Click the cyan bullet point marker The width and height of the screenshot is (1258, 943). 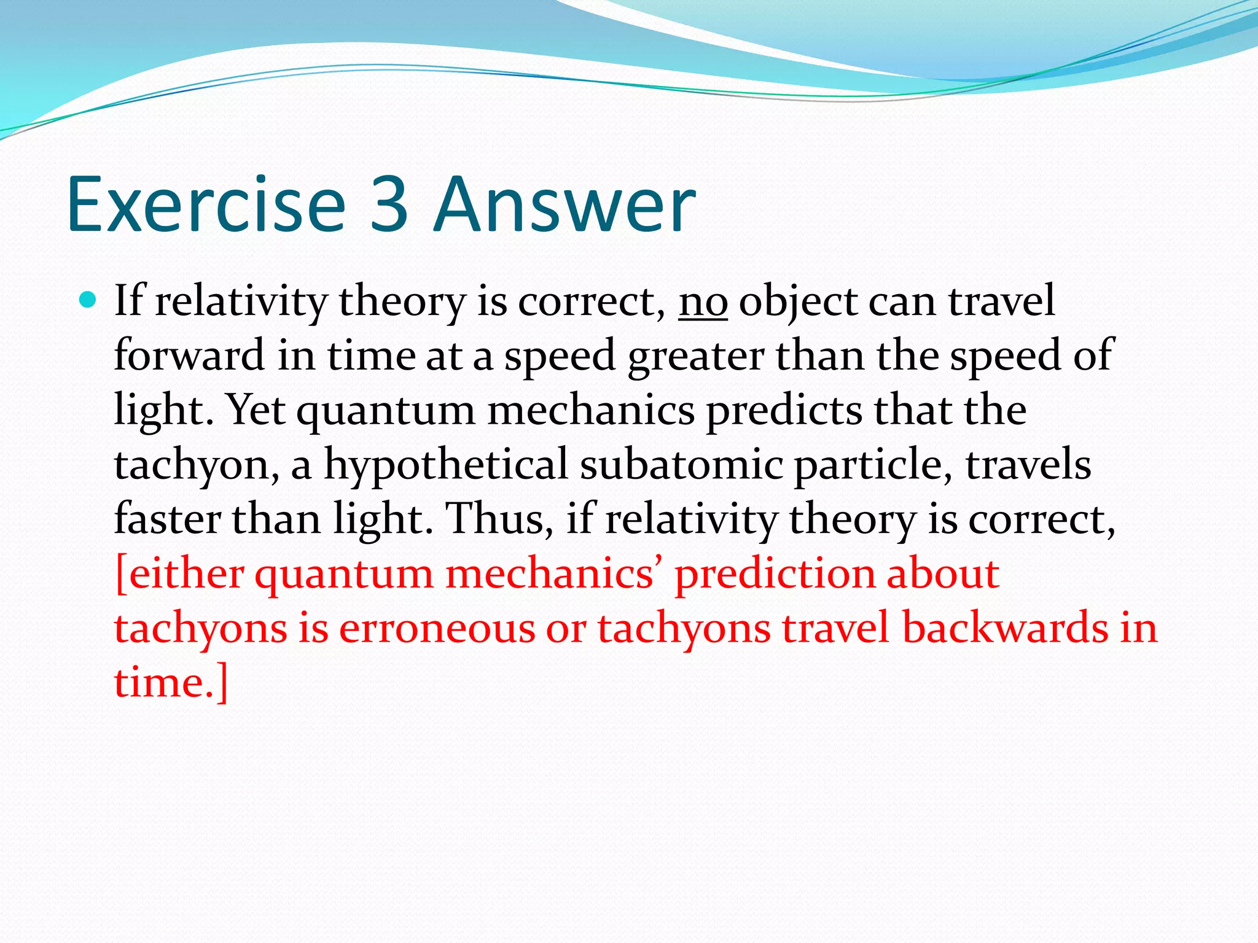coord(88,300)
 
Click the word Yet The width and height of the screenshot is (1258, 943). coord(256,410)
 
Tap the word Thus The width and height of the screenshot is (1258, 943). coord(495,519)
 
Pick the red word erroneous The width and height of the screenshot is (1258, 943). coord(437,629)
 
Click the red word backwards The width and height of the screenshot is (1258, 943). coord(1005,627)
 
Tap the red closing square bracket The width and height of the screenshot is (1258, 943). coord(222,683)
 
